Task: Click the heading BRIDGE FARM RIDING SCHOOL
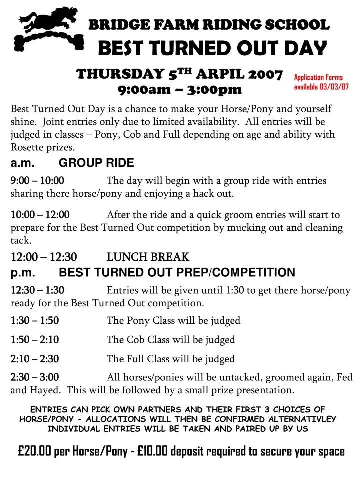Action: (209, 24)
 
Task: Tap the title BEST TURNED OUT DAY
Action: (211, 49)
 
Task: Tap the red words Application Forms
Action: (318, 77)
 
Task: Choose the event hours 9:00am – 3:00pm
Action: (180, 90)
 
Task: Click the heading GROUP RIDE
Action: (96, 163)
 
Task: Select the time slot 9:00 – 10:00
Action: (37, 180)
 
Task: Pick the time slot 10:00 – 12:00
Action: (40, 215)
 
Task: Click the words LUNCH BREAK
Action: (148, 257)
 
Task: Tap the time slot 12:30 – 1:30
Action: (37, 290)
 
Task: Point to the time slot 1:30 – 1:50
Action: (35, 320)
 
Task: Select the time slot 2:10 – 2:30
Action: (35, 359)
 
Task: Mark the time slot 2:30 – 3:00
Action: (35, 377)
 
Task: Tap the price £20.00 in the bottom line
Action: (34, 451)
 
